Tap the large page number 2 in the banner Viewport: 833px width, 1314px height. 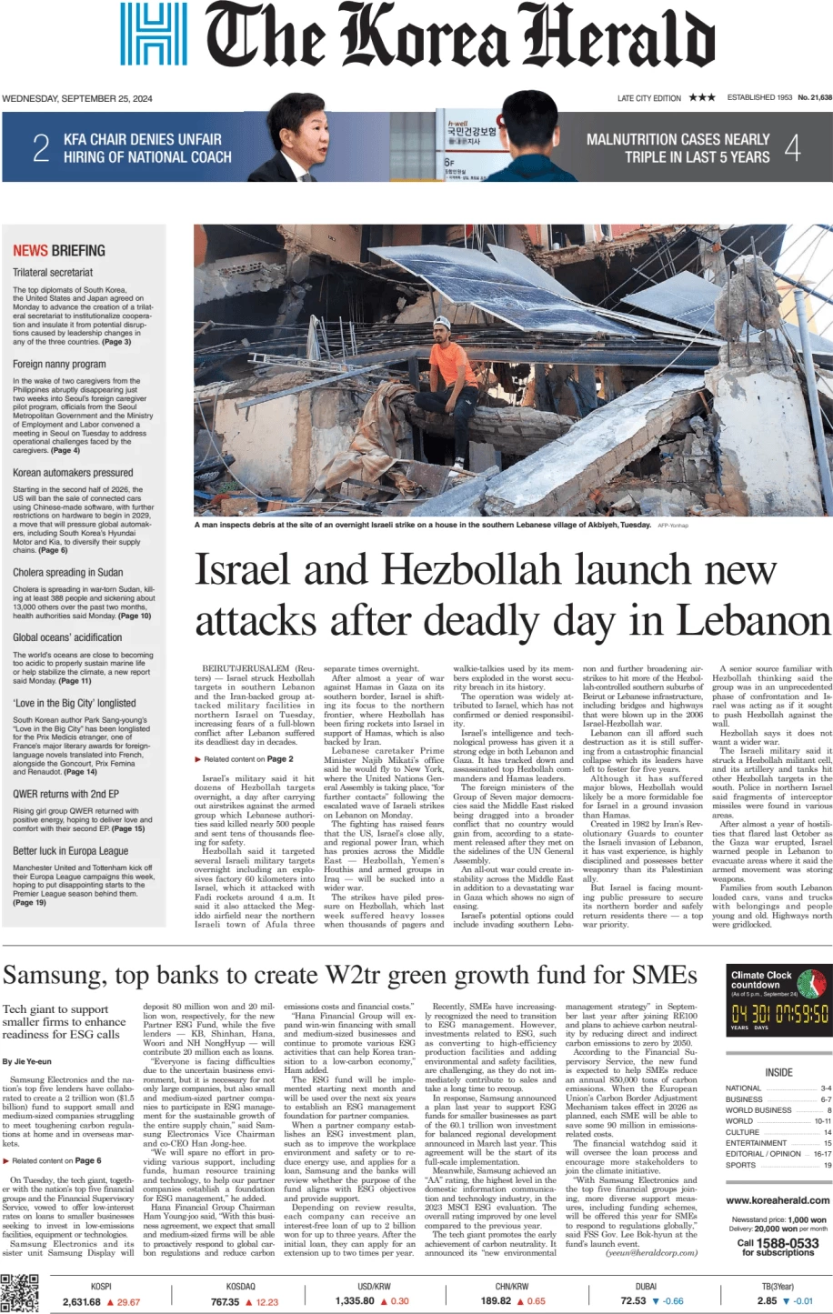click(x=41, y=147)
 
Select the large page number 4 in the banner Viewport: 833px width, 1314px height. click(x=793, y=147)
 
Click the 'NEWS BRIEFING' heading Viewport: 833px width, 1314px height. click(x=59, y=250)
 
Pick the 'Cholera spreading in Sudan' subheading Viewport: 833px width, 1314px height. click(x=68, y=572)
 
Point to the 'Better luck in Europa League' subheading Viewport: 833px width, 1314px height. click(x=71, y=851)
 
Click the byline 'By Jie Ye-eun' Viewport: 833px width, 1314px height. click(x=27, y=1061)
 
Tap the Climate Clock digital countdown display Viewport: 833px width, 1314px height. click(x=779, y=1013)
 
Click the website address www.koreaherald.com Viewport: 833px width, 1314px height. click(x=778, y=1200)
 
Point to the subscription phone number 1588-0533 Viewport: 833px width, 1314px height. click(x=788, y=1243)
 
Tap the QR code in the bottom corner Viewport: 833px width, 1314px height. click(x=19, y=1293)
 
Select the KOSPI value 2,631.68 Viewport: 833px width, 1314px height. click(x=82, y=1301)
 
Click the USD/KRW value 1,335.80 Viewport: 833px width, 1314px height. click(x=355, y=1301)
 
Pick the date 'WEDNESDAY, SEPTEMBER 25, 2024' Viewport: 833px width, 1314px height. click(x=77, y=98)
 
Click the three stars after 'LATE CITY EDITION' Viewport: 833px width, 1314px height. click(x=702, y=97)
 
